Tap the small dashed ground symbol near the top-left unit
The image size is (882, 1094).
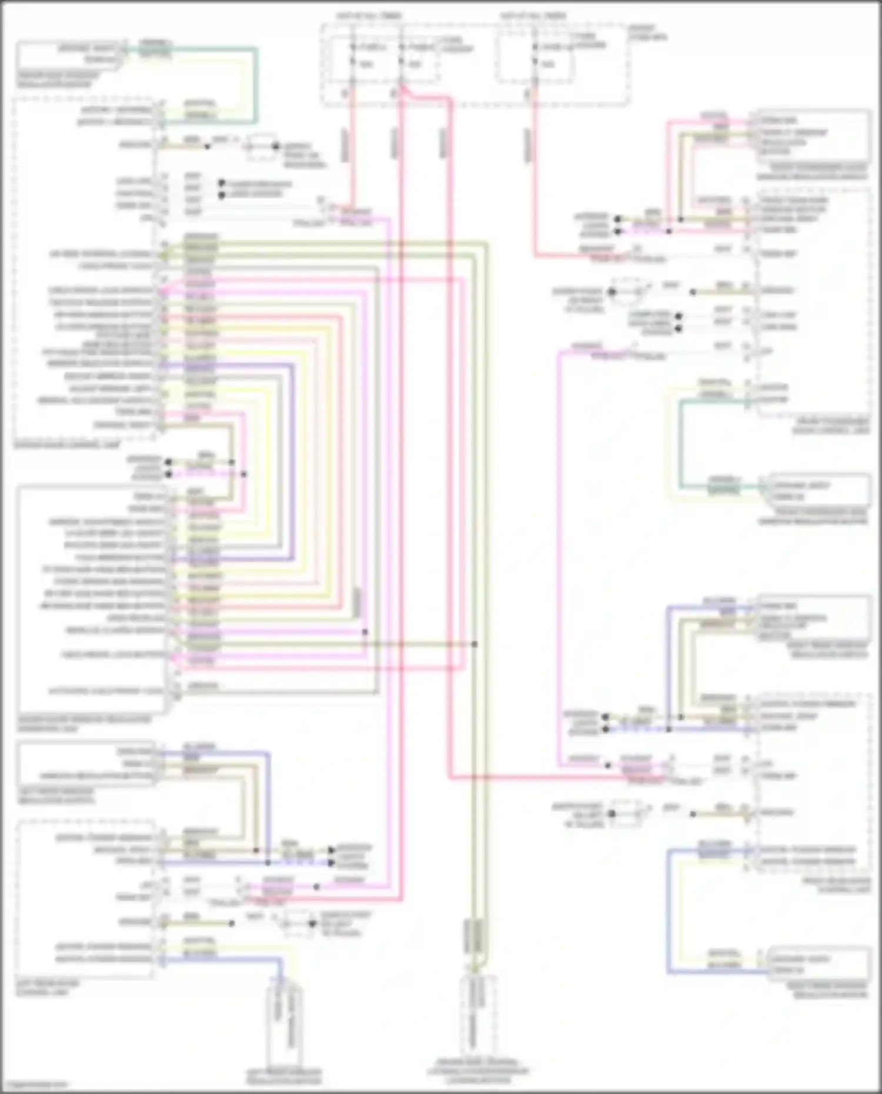tap(262, 147)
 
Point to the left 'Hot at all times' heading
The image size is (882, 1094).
tap(368, 15)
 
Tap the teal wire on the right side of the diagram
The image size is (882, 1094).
tap(681, 444)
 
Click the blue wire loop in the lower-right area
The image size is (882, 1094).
tap(669, 911)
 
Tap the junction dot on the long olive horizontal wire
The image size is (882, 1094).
tap(475, 644)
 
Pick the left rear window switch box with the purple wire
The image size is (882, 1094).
tap(86, 764)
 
